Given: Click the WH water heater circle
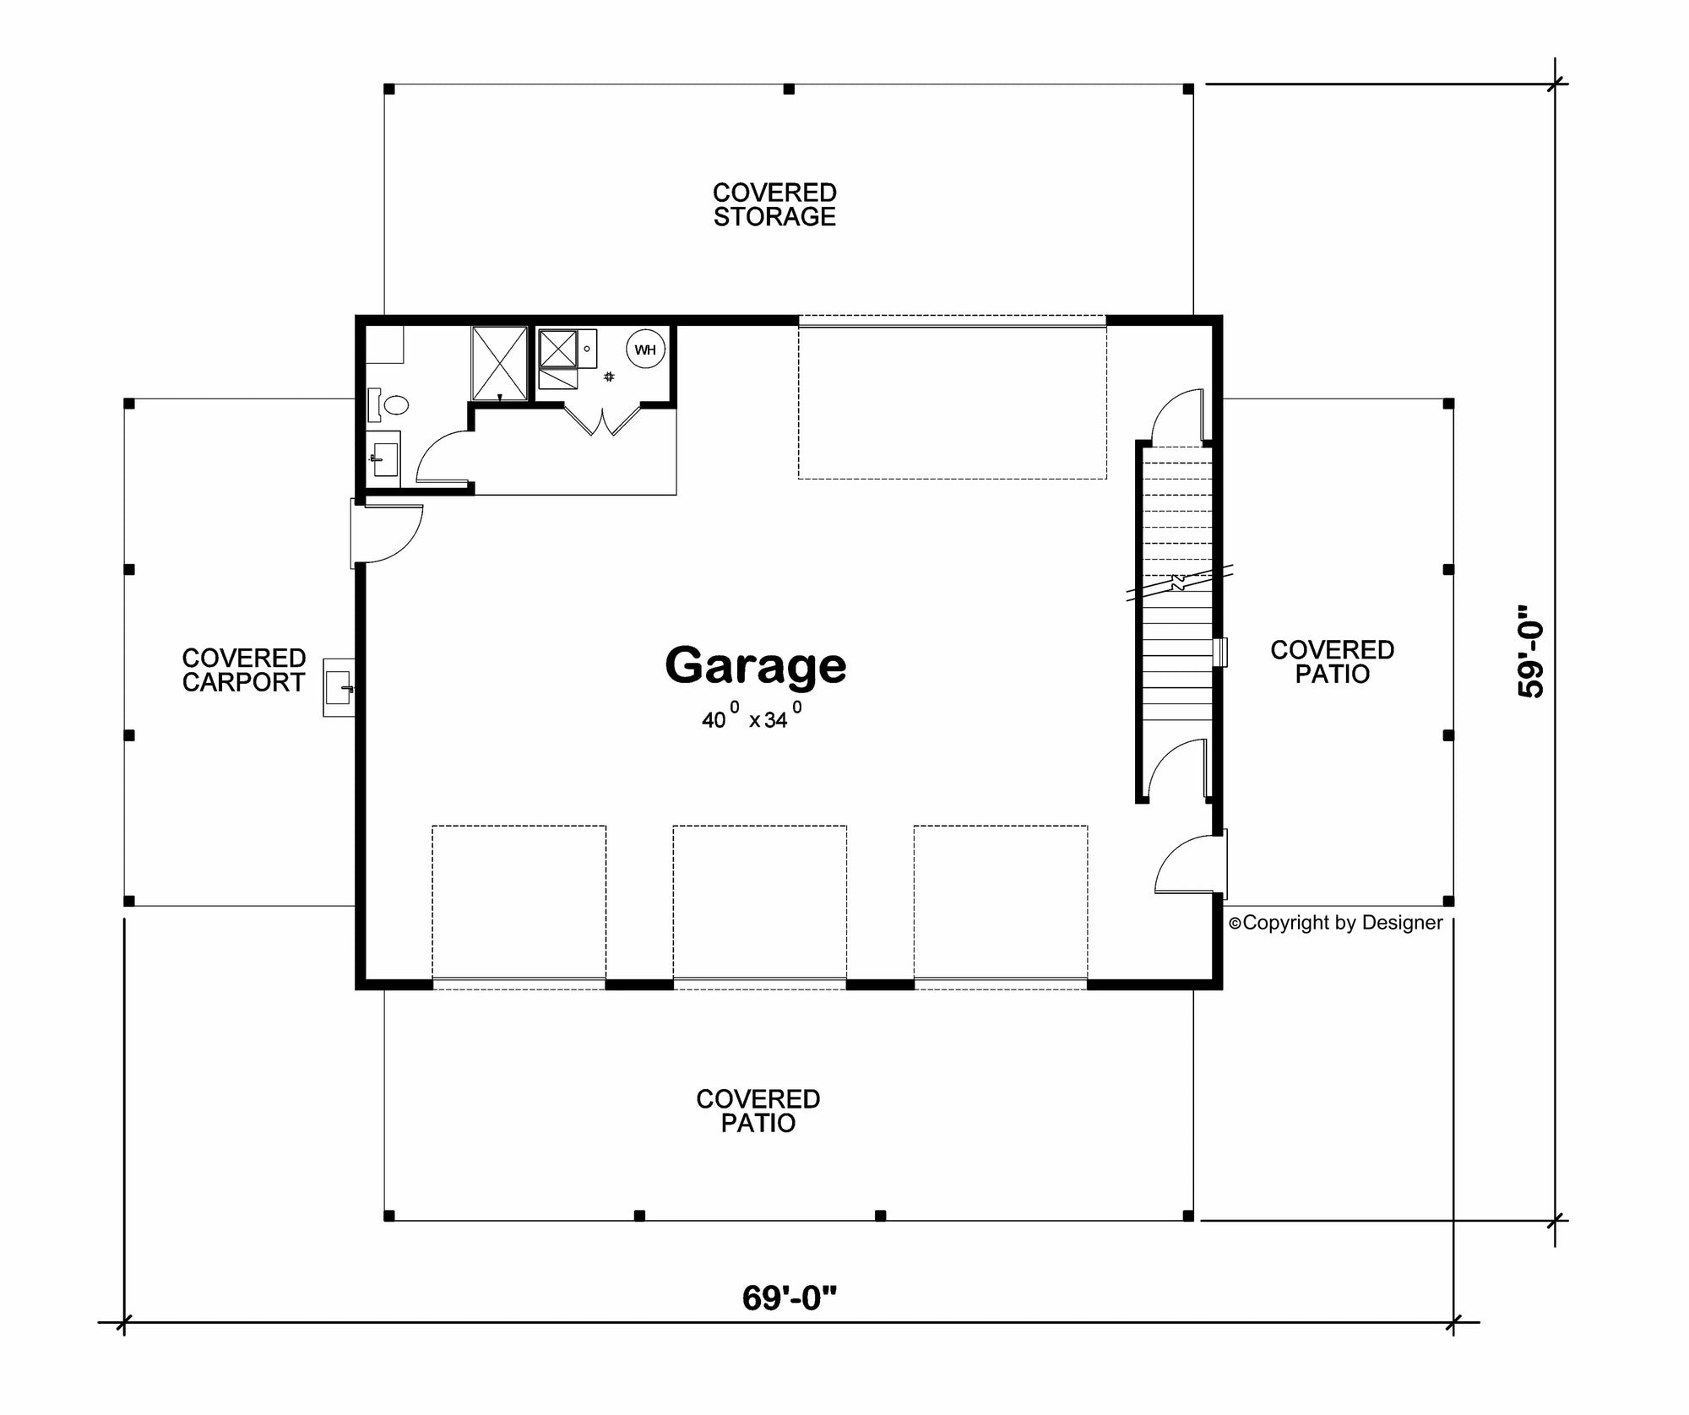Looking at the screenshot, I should pyautogui.click(x=645, y=350).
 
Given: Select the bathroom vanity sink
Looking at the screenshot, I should pyautogui.click(x=384, y=459).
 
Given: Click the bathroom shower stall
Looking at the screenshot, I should pyautogui.click(x=499, y=362).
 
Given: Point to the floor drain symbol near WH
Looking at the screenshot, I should pyautogui.click(x=609, y=377).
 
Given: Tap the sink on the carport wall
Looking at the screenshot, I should pyautogui.click(x=339, y=687).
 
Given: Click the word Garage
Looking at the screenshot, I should pyautogui.click(x=756, y=666).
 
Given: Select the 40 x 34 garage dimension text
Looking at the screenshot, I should pyautogui.click(x=751, y=718).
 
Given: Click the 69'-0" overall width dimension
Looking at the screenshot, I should pyautogui.click(x=789, y=1298).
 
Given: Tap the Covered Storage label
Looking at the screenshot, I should pyautogui.click(x=774, y=204).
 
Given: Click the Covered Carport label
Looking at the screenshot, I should pyautogui.click(x=243, y=670).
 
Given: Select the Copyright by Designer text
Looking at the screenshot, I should pyautogui.click(x=1336, y=923).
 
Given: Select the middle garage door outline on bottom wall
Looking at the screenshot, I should pyautogui.click(x=759, y=903).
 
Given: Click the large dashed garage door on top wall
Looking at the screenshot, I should pyautogui.click(x=952, y=398).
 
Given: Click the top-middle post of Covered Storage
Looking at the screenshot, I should pyautogui.click(x=789, y=89).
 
